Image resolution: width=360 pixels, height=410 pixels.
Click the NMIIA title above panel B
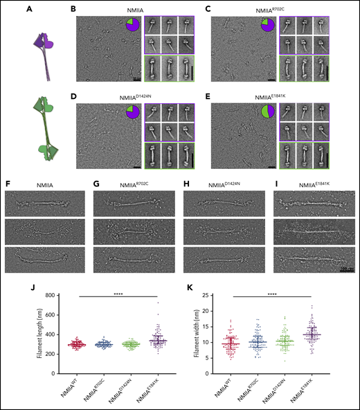[136, 9]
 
